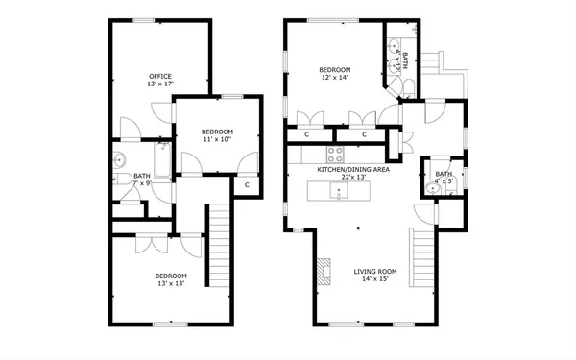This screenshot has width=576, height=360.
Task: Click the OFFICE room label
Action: tap(159, 76)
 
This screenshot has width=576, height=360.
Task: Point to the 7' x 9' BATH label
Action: tap(142, 176)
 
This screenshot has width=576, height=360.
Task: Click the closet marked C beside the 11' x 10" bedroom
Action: tap(247, 184)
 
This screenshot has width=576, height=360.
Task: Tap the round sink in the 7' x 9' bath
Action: tap(118, 160)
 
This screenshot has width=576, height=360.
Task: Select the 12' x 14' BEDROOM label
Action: tap(335, 70)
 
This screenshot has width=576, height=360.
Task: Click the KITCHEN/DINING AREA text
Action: tap(352, 169)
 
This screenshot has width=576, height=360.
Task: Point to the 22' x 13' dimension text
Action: tap(353, 177)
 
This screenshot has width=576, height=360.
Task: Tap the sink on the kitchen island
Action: tap(338, 192)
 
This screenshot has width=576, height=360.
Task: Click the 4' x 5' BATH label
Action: tap(444, 174)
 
